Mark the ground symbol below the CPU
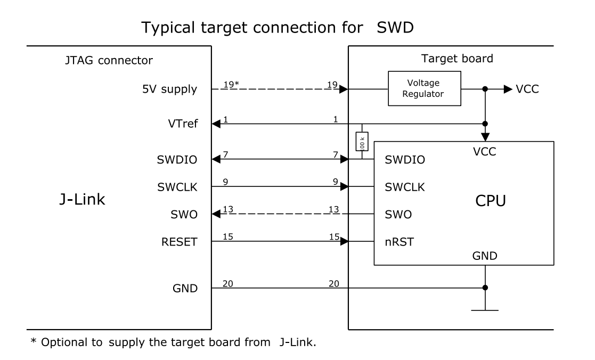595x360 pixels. [485, 309]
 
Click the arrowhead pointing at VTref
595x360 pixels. [216, 124]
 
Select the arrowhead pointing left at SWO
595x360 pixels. [216, 215]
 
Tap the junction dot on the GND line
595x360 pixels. [485, 288]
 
